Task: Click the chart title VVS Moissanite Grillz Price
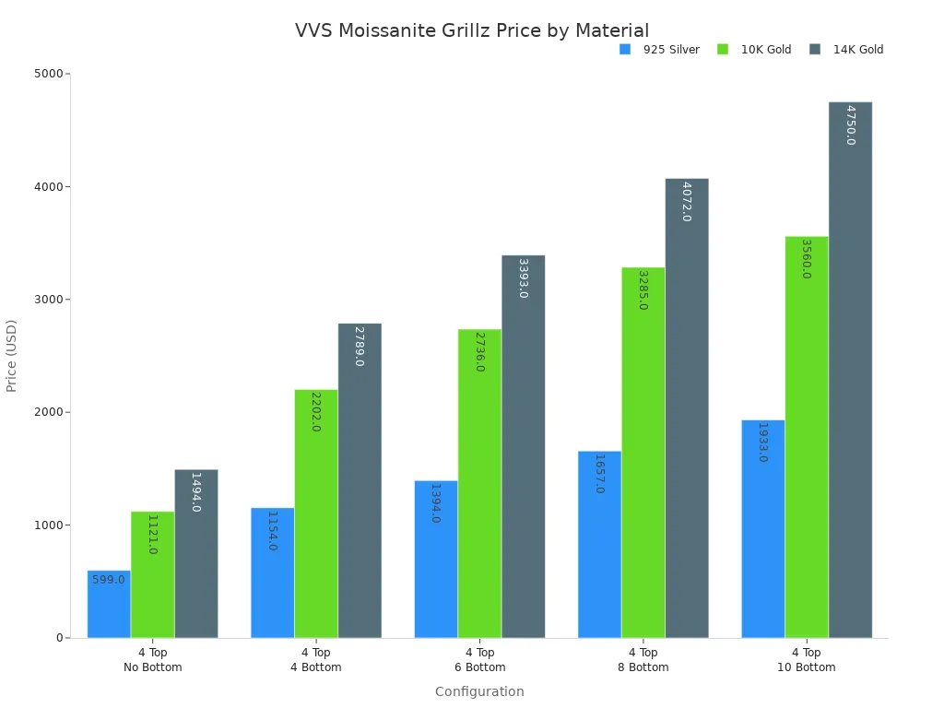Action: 471,30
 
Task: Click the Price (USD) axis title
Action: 12,356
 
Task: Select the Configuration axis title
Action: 479,691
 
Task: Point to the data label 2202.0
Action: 315,411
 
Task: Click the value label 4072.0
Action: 686,201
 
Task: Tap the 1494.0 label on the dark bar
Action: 195,491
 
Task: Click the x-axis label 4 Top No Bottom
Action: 153,660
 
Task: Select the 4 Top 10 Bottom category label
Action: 806,660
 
